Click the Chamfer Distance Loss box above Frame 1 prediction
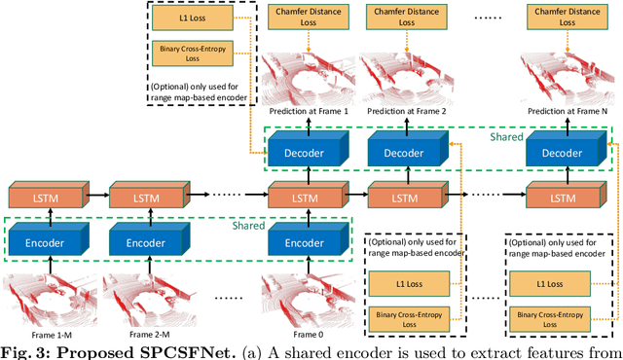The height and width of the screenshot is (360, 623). point(306,17)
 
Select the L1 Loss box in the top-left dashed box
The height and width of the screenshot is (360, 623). point(192,18)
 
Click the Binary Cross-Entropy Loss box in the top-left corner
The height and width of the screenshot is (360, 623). point(192,49)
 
